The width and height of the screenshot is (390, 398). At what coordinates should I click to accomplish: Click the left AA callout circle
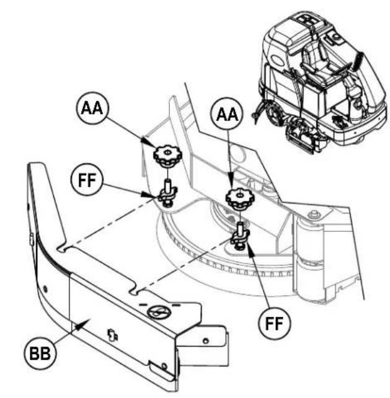pyautogui.click(x=92, y=108)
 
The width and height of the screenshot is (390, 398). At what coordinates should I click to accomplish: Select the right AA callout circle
pyautogui.click(x=228, y=114)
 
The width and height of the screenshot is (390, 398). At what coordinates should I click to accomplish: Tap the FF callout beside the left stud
pyautogui.click(x=87, y=179)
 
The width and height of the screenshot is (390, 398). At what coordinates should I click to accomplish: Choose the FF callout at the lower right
pyautogui.click(x=275, y=323)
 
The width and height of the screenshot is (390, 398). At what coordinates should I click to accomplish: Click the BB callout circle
pyautogui.click(x=40, y=353)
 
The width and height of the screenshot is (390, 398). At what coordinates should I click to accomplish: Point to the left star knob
pyautogui.click(x=167, y=155)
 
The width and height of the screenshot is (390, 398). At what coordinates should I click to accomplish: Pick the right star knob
pyautogui.click(x=240, y=198)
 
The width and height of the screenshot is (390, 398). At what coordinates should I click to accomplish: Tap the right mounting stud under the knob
pyautogui.click(x=240, y=234)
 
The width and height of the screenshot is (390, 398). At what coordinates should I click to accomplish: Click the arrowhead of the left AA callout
pyautogui.click(x=148, y=143)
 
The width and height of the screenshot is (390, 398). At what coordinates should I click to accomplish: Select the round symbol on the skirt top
pyautogui.click(x=158, y=311)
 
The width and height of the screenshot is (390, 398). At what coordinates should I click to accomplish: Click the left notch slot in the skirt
pyautogui.click(x=62, y=249)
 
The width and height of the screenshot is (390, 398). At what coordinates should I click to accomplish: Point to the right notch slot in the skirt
pyautogui.click(x=135, y=291)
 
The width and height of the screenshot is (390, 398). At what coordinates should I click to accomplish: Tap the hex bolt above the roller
pyautogui.click(x=313, y=214)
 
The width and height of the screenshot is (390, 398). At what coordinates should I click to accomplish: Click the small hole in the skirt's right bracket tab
pyautogui.click(x=206, y=340)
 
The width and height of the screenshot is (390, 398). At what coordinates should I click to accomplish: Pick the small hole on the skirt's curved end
pyautogui.click(x=45, y=289)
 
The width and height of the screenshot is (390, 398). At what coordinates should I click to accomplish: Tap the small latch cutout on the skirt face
pyautogui.click(x=113, y=335)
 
